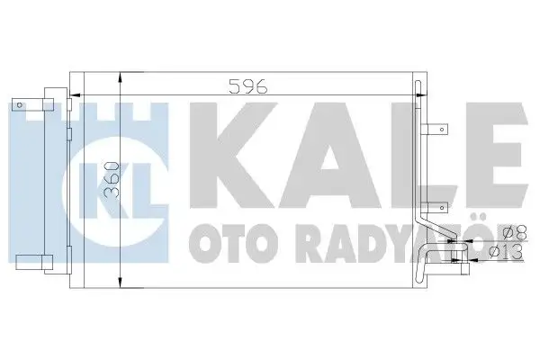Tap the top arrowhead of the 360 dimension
(x=121, y=76)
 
